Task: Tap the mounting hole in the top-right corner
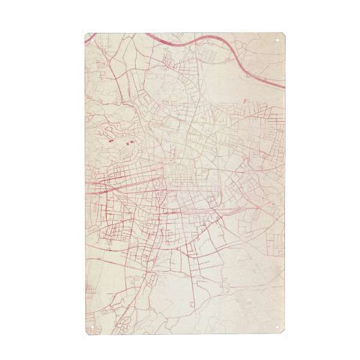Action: point(278,40)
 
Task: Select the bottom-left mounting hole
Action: point(91,328)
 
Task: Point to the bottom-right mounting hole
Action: point(278,328)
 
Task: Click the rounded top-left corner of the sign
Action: point(86,35)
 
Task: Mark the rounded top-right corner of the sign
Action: point(283,35)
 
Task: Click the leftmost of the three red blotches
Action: point(110,140)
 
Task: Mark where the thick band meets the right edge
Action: point(283,88)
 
